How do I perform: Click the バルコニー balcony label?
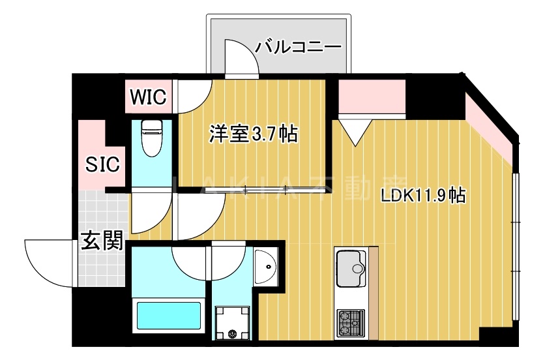click(299, 47)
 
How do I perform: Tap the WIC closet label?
click(149, 97)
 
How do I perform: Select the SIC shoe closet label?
click(102, 164)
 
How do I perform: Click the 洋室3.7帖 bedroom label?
click(253, 134)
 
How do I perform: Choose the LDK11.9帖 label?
click(423, 194)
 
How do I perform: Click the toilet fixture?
click(151, 138)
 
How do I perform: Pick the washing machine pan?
click(233, 323)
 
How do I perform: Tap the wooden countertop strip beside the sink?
click(374, 293)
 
